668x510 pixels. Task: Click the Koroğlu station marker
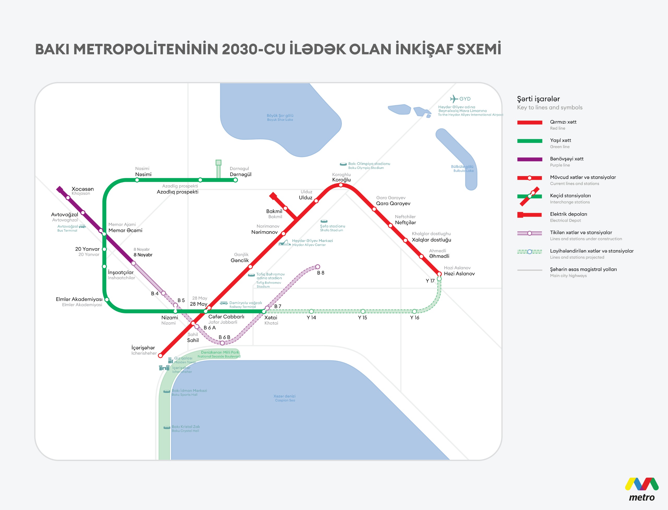pyautogui.click(x=341, y=185)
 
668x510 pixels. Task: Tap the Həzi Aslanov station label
pyautogui.click(x=459, y=273)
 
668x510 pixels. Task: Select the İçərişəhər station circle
pyautogui.click(x=160, y=356)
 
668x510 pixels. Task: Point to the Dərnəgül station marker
pyautogui.click(x=235, y=180)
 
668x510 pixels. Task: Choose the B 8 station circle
pyautogui.click(x=318, y=267)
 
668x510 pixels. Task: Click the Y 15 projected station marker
pyautogui.click(x=363, y=311)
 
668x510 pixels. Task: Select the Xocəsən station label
pyautogui.click(x=83, y=189)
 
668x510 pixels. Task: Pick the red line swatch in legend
pyautogui.click(x=529, y=122)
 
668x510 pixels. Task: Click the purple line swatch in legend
pyautogui.click(x=529, y=159)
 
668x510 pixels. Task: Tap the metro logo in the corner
pyautogui.click(x=641, y=489)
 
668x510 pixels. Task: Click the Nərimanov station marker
pyautogui.click(x=283, y=233)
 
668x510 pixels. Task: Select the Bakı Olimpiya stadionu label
pyautogui.click(x=369, y=164)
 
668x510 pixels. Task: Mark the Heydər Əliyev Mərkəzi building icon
pyautogui.click(x=284, y=243)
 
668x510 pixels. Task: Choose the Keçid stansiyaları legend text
pyautogui.click(x=570, y=195)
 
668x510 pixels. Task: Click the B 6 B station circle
pyautogui.click(x=222, y=343)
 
